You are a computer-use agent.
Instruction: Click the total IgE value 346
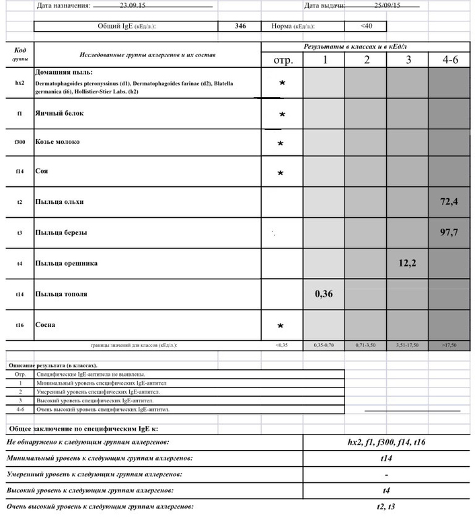coord(240,26)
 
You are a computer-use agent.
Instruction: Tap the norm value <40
coord(365,26)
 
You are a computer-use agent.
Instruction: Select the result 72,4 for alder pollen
coord(449,202)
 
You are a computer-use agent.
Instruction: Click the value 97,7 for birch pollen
coord(449,233)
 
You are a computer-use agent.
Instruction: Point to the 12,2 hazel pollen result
coord(407,263)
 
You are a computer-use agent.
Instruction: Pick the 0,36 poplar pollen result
coord(324,294)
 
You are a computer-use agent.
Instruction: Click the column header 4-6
coord(450,60)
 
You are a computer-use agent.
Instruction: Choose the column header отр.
coord(283,61)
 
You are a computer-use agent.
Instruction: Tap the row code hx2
coord(20,83)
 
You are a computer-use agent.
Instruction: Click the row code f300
coord(20,143)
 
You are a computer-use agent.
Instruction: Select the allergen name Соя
coord(42,171)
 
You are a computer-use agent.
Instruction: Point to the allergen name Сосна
coord(45,325)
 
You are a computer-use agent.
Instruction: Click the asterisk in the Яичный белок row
coord(282,114)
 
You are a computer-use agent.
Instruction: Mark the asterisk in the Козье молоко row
coord(281,143)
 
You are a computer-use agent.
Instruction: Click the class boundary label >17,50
coord(449,345)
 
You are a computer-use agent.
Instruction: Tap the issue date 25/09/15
coord(387,5)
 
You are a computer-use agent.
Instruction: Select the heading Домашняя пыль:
coord(64,71)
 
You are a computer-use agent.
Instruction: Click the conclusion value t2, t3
coord(386,506)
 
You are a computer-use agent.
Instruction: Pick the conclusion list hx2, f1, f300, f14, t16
coord(386,442)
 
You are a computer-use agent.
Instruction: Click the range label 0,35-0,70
coord(324,345)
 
